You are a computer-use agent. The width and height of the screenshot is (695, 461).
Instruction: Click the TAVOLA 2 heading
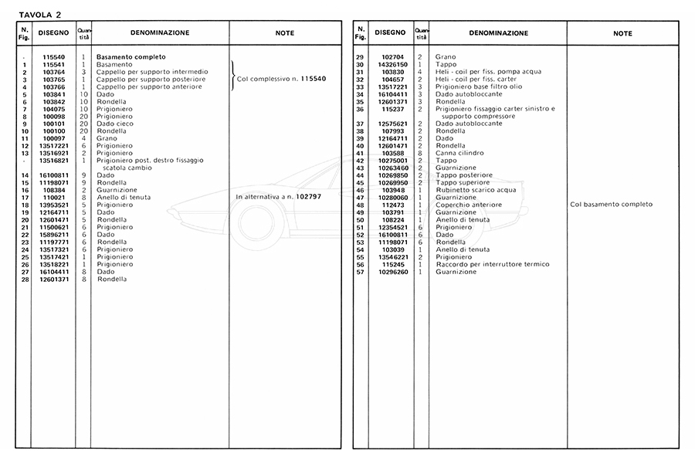[40, 14]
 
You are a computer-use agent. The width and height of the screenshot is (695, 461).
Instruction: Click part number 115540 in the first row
[53, 57]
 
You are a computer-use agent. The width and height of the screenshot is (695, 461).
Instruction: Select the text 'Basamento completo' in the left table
[129, 57]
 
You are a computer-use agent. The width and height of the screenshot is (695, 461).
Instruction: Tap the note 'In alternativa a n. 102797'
[278, 197]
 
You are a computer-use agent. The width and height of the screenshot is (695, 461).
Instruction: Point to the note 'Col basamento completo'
[612, 205]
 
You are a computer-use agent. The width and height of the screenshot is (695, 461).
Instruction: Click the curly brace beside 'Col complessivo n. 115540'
[232, 79]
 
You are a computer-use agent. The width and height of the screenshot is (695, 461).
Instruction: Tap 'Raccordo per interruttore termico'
[493, 264]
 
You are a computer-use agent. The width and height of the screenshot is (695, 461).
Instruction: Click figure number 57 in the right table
[360, 272]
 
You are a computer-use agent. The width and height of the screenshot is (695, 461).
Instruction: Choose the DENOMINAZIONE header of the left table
[160, 33]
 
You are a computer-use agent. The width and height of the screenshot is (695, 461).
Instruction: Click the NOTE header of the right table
[622, 33]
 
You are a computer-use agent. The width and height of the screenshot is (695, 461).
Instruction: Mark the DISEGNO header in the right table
[389, 33]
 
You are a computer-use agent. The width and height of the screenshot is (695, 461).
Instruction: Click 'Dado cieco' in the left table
[114, 124]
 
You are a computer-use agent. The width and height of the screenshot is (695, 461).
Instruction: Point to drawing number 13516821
[53, 160]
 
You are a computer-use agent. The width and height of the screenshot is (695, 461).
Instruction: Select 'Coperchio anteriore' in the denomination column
[469, 205]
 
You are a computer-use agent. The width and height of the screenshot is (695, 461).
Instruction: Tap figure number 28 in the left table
[25, 279]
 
